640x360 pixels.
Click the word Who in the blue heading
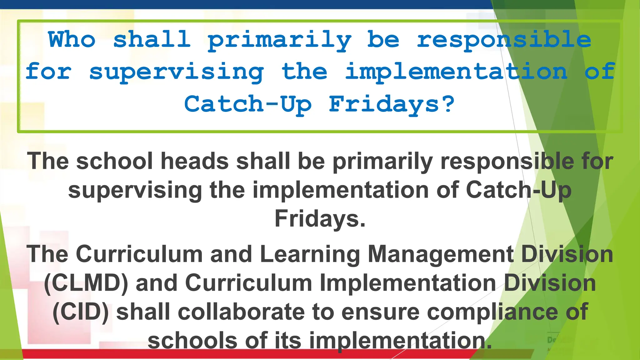[72, 40]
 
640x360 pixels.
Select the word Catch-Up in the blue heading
[248, 104]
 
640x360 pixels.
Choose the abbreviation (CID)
[81, 312]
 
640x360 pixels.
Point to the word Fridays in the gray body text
[320, 219]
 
